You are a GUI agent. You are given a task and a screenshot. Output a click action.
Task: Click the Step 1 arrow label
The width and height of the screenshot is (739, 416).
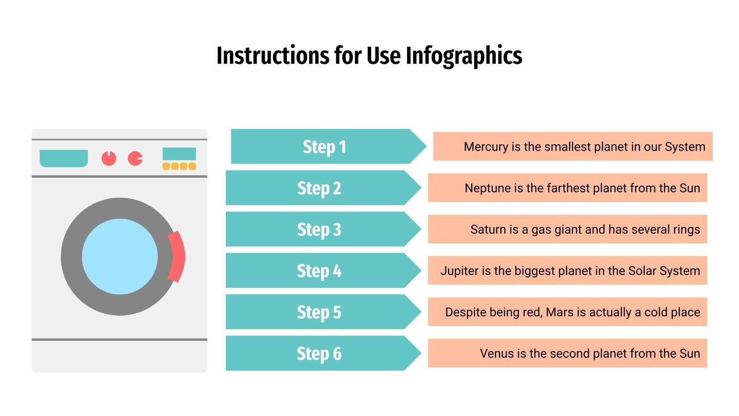tap(324, 147)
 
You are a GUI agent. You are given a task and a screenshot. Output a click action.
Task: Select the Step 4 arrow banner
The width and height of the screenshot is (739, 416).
tap(319, 271)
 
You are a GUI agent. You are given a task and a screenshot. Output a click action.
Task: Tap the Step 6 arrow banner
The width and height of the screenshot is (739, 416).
tap(319, 354)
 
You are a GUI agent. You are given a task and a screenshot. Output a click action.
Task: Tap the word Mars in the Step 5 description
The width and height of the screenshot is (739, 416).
tap(559, 312)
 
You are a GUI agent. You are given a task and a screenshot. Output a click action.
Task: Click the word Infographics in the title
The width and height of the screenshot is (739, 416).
tap(464, 56)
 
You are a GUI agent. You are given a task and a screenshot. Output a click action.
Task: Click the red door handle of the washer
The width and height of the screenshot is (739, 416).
tap(177, 257)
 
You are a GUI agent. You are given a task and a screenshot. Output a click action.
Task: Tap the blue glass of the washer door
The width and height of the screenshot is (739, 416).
tap(120, 257)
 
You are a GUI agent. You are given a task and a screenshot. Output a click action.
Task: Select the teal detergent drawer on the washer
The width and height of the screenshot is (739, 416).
tap(64, 158)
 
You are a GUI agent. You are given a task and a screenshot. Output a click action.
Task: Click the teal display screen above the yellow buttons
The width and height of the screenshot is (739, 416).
tap(179, 153)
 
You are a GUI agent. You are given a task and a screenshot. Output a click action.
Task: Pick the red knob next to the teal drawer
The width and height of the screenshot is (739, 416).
tap(109, 158)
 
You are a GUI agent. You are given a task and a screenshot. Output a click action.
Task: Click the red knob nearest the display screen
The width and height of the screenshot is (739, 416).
tap(135, 158)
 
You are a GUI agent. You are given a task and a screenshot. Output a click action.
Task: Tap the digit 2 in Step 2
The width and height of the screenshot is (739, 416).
tap(337, 188)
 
